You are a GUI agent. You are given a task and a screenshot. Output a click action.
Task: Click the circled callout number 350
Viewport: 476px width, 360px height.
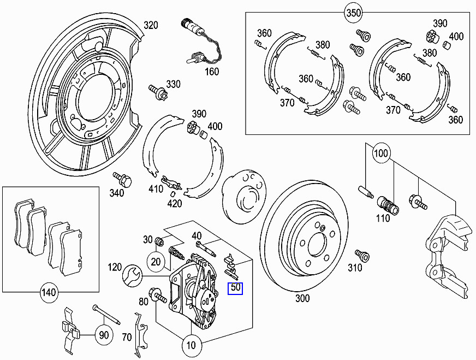[x=353, y=11]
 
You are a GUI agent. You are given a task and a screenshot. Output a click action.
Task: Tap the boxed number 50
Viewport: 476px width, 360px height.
[x=236, y=288]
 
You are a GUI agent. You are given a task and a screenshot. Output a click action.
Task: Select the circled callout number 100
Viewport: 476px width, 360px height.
[x=382, y=154]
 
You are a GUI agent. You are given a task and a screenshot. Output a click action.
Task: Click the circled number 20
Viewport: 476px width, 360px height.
[x=157, y=262]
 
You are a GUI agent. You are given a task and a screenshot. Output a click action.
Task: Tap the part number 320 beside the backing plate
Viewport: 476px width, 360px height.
[x=151, y=25]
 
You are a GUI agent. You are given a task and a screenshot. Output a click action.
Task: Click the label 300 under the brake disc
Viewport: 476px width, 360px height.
[x=302, y=298]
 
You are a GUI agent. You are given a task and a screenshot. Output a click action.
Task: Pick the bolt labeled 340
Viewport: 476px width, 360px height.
[x=121, y=179]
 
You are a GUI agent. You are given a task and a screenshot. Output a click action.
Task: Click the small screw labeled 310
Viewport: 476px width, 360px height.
[x=359, y=255]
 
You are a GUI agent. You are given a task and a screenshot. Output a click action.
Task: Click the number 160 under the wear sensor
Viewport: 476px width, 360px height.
[x=211, y=72]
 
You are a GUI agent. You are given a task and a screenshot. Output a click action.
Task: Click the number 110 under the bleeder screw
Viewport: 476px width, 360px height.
[x=383, y=219]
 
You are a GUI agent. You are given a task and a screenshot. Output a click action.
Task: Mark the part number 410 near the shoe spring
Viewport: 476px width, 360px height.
[x=156, y=190]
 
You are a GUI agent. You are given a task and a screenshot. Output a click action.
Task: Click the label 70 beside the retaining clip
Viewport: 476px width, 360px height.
[x=126, y=337]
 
